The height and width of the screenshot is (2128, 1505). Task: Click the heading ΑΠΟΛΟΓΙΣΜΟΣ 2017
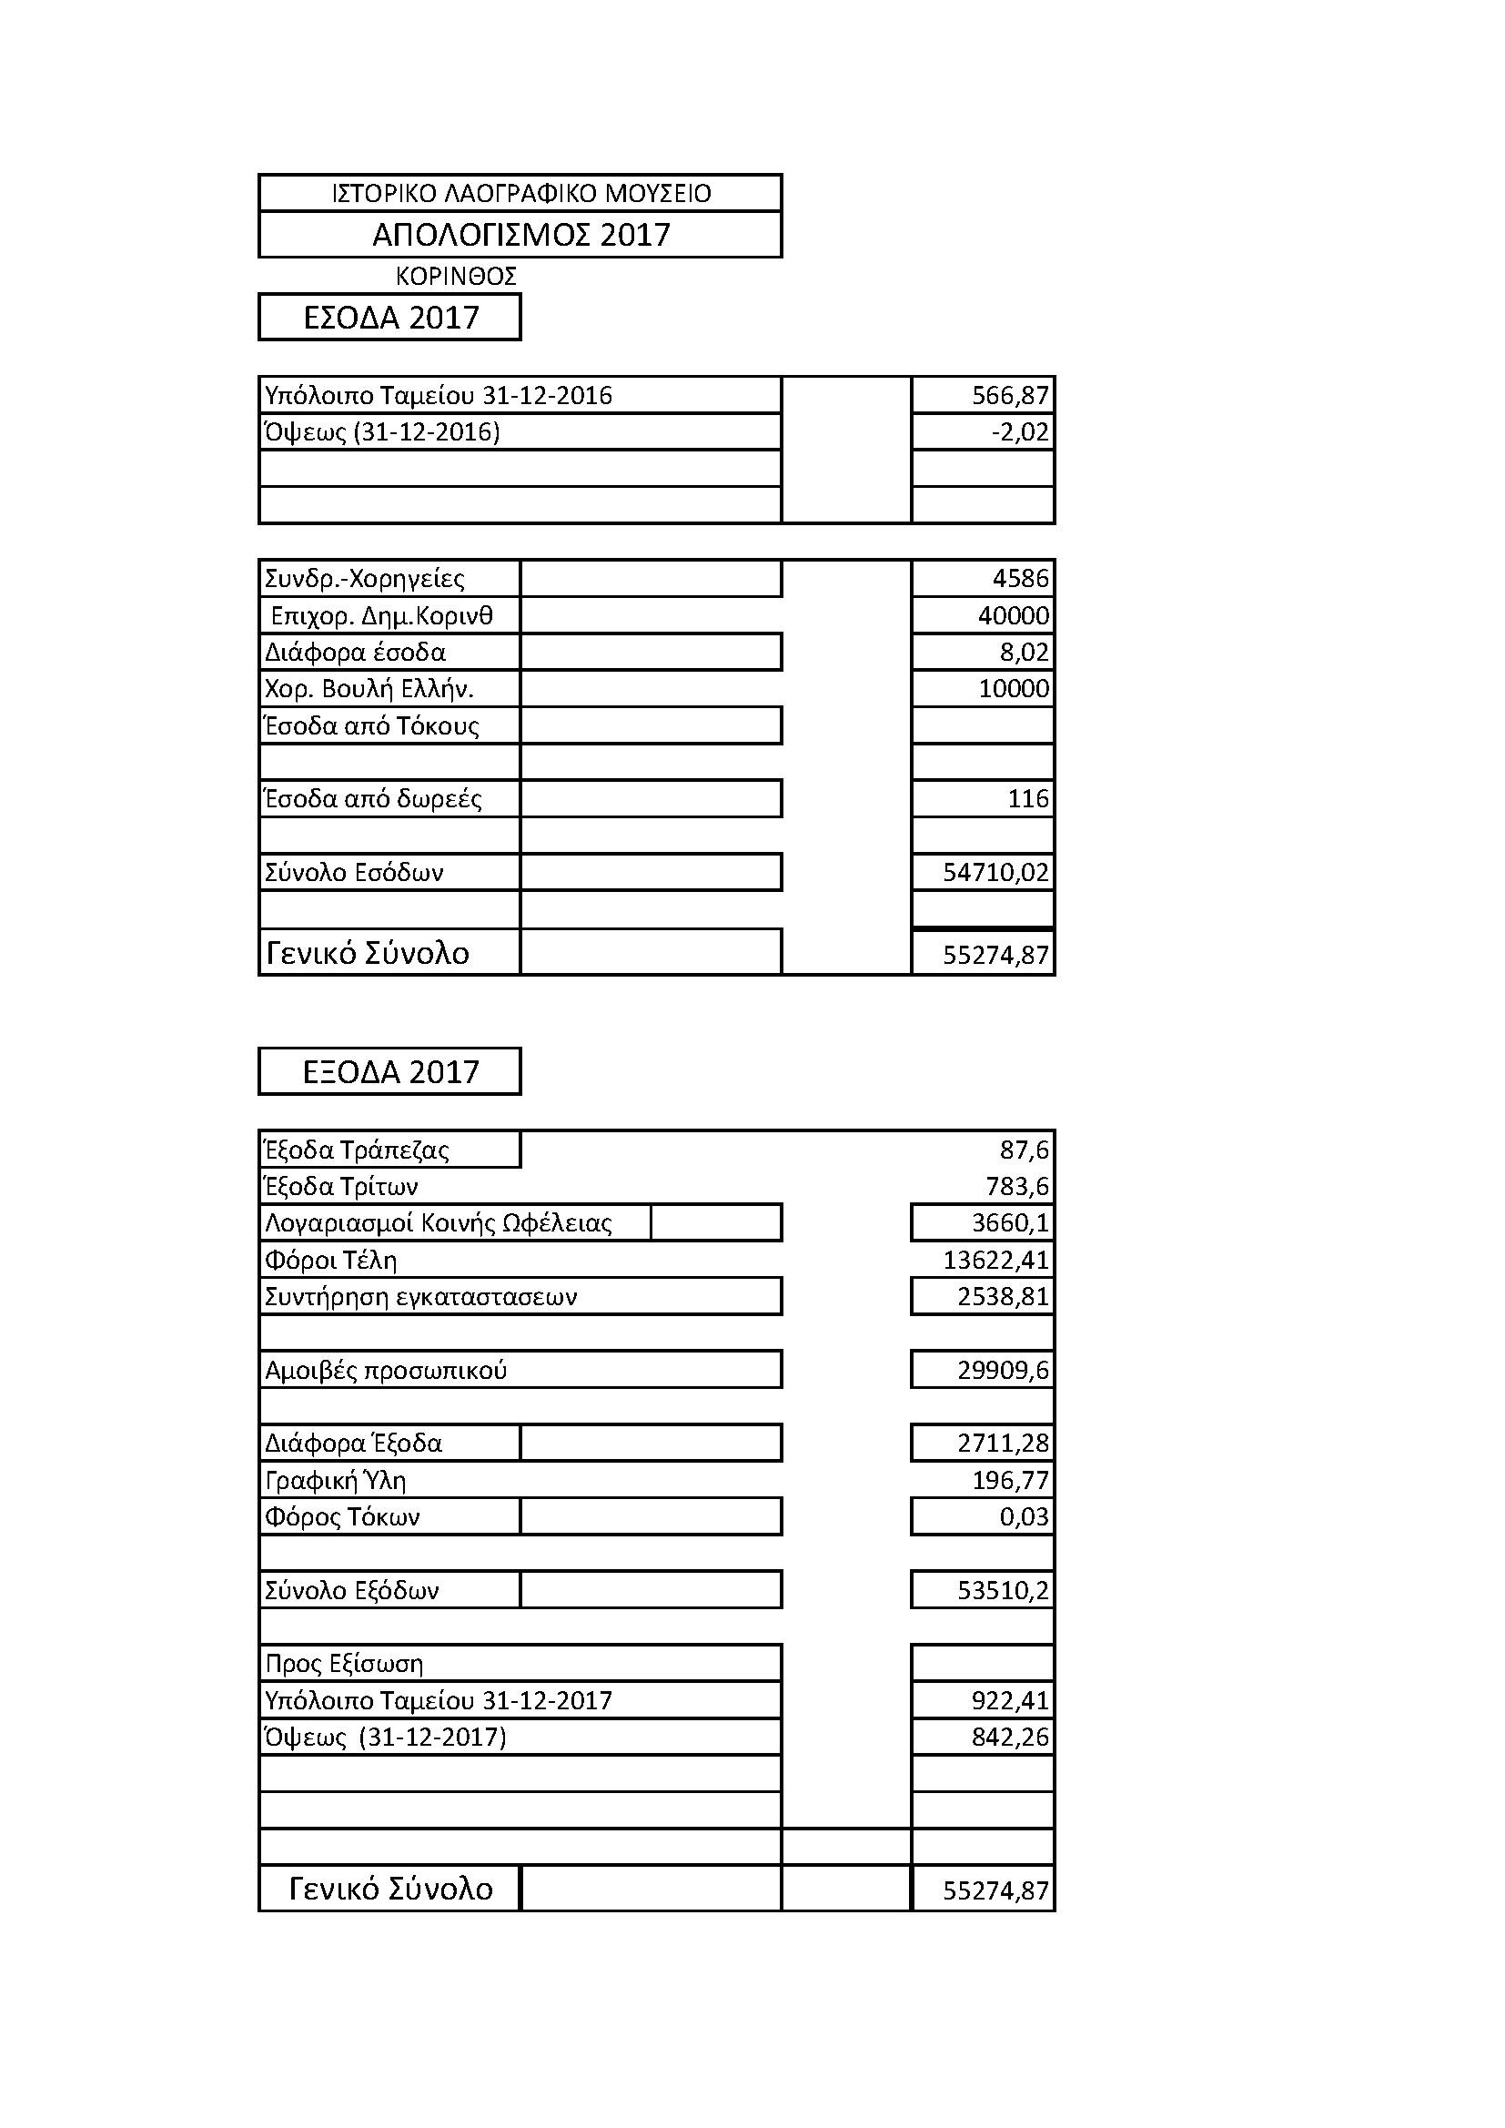[x=520, y=235]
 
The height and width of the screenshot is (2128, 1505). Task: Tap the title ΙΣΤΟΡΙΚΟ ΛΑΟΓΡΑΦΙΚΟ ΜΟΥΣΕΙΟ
[x=520, y=193]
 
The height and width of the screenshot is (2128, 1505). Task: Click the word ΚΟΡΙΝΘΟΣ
[x=455, y=276]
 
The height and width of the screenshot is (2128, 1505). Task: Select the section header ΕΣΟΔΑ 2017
[x=390, y=318]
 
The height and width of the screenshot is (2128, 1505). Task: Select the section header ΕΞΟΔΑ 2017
[x=390, y=1072]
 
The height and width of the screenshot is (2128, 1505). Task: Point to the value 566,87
[x=1009, y=396]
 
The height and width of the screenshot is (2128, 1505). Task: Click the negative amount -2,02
[x=1019, y=432]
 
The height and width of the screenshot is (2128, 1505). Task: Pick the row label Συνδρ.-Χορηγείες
[x=365, y=578]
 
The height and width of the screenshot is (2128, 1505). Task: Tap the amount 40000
[x=1013, y=615]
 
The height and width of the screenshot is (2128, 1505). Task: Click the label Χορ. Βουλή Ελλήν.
[x=369, y=689]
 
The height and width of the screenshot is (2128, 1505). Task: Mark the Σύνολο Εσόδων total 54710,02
[x=995, y=872]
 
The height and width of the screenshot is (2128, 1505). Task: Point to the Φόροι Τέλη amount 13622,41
[x=995, y=1260]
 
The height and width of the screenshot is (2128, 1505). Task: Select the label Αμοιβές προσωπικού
[x=386, y=1370]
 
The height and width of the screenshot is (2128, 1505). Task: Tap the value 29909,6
[x=1003, y=1370]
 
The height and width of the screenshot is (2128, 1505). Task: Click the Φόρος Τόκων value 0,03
[x=1023, y=1516]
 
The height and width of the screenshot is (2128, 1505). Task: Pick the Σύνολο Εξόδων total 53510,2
[x=1003, y=1590]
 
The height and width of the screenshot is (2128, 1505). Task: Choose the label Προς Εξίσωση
[x=344, y=1664]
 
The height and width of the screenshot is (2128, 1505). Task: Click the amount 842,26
[x=1009, y=1737]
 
